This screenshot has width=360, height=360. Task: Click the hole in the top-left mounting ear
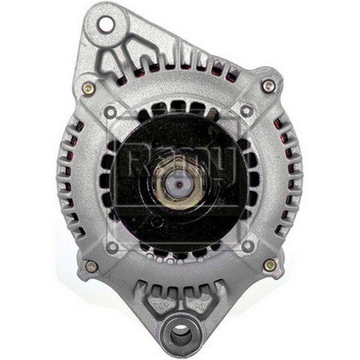pyautogui.click(x=105, y=24)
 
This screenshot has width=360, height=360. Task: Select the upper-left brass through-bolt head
pyautogui.click(x=88, y=88)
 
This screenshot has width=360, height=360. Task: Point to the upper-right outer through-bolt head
pyautogui.click(x=268, y=86)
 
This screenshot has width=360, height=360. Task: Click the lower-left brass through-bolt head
pyautogui.click(x=91, y=265)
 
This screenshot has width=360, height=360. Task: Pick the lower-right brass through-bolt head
pyautogui.click(x=269, y=265)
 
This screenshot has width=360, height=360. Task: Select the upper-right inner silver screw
pyautogui.click(x=246, y=111)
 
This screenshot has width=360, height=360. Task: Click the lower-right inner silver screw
pyautogui.click(x=247, y=245)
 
